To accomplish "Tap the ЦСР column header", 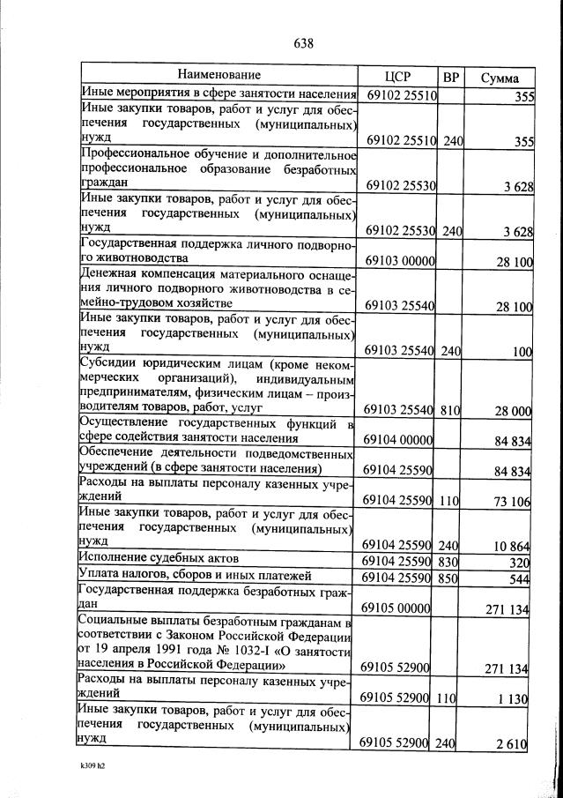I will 399,77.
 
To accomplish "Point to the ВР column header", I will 451,77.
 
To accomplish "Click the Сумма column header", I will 499,78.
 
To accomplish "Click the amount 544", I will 520,579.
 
